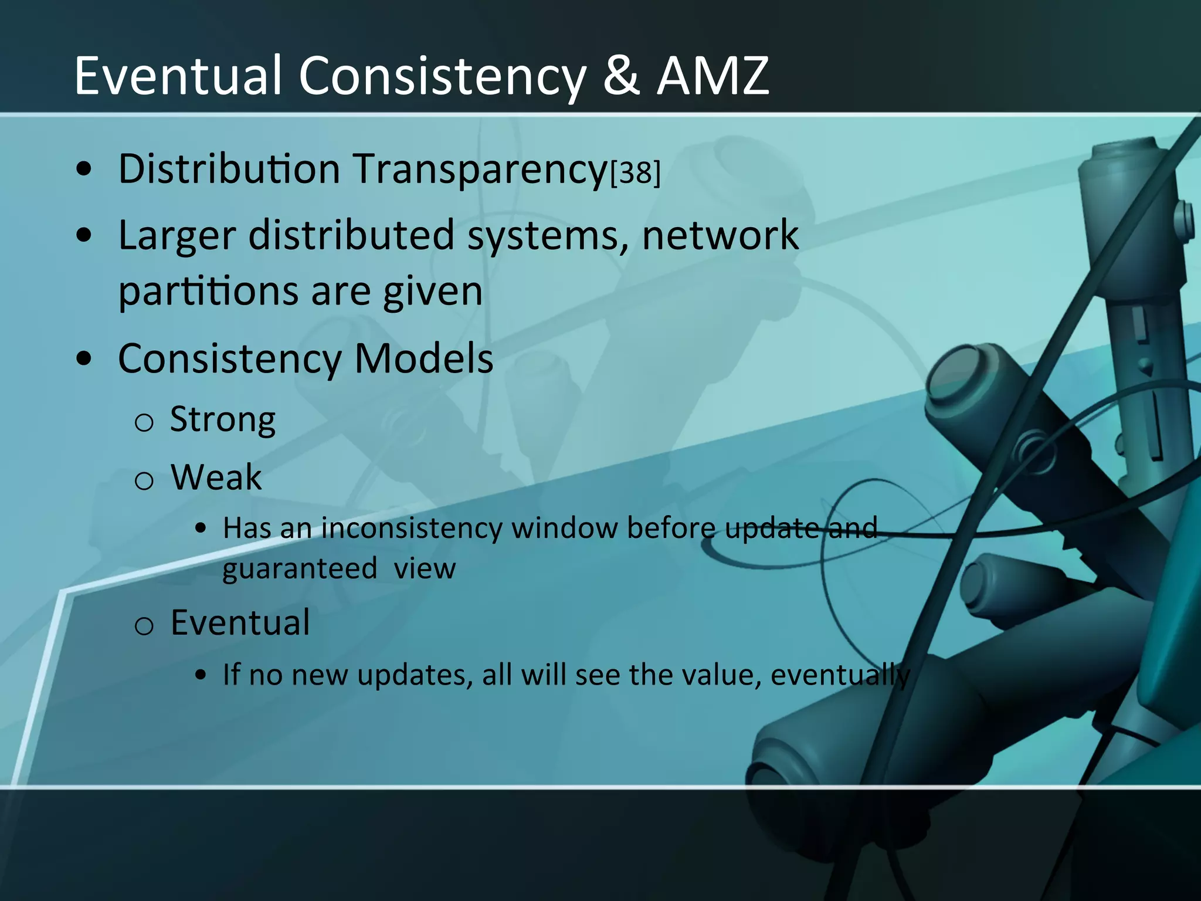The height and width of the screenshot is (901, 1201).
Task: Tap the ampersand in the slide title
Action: pyautogui.click(x=620, y=76)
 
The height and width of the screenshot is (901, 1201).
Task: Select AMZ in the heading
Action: pyautogui.click(x=713, y=76)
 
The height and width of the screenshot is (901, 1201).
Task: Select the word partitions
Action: pyautogui.click(x=209, y=292)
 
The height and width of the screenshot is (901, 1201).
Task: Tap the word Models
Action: pyautogui.click(x=423, y=358)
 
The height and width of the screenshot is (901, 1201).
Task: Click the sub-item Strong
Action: pyautogui.click(x=222, y=420)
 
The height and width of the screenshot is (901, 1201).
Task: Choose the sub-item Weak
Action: pyautogui.click(x=216, y=477)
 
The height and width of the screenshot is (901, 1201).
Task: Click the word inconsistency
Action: pyautogui.click(x=412, y=528)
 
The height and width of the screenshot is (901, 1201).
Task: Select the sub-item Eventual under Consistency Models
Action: pyautogui.click(x=240, y=622)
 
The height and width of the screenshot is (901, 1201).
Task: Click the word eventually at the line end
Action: pyautogui.click(x=840, y=675)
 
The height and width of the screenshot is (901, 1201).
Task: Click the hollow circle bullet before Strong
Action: pyautogui.click(x=144, y=422)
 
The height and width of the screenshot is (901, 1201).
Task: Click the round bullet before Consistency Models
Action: pyautogui.click(x=84, y=359)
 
